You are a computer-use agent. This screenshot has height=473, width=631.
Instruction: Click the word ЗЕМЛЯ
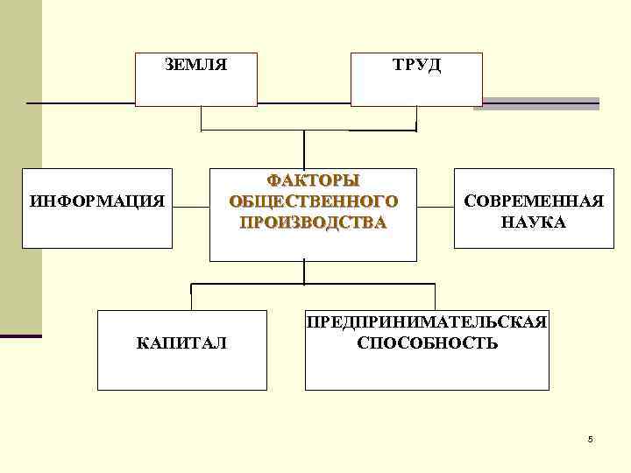coord(196,65)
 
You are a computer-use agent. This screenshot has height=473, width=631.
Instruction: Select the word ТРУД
coord(416,65)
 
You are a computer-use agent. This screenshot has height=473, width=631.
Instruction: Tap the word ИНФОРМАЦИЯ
coord(97,202)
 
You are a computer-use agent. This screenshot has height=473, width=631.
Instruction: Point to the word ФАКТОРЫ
coord(313,181)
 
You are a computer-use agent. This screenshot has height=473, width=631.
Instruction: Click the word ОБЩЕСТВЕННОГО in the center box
coord(313,201)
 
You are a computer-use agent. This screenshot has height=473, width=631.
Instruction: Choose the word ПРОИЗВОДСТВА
coord(313,222)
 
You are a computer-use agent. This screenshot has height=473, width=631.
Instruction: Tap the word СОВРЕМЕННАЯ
coord(533,202)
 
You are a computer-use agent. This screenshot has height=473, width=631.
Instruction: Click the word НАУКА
coord(533,222)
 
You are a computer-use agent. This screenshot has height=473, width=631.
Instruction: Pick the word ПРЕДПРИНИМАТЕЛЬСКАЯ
coord(427,322)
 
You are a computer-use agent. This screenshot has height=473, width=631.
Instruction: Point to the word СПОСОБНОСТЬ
coord(427,342)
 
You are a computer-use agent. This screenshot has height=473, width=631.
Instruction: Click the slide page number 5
coord(591,439)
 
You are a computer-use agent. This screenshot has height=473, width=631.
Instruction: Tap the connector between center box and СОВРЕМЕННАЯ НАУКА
coord(435,208)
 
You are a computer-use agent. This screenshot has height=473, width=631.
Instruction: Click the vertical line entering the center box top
coord(304,149)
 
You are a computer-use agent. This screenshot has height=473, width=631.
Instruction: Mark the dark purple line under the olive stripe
coord(20,335)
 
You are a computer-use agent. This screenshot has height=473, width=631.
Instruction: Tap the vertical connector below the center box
coord(304,272)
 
